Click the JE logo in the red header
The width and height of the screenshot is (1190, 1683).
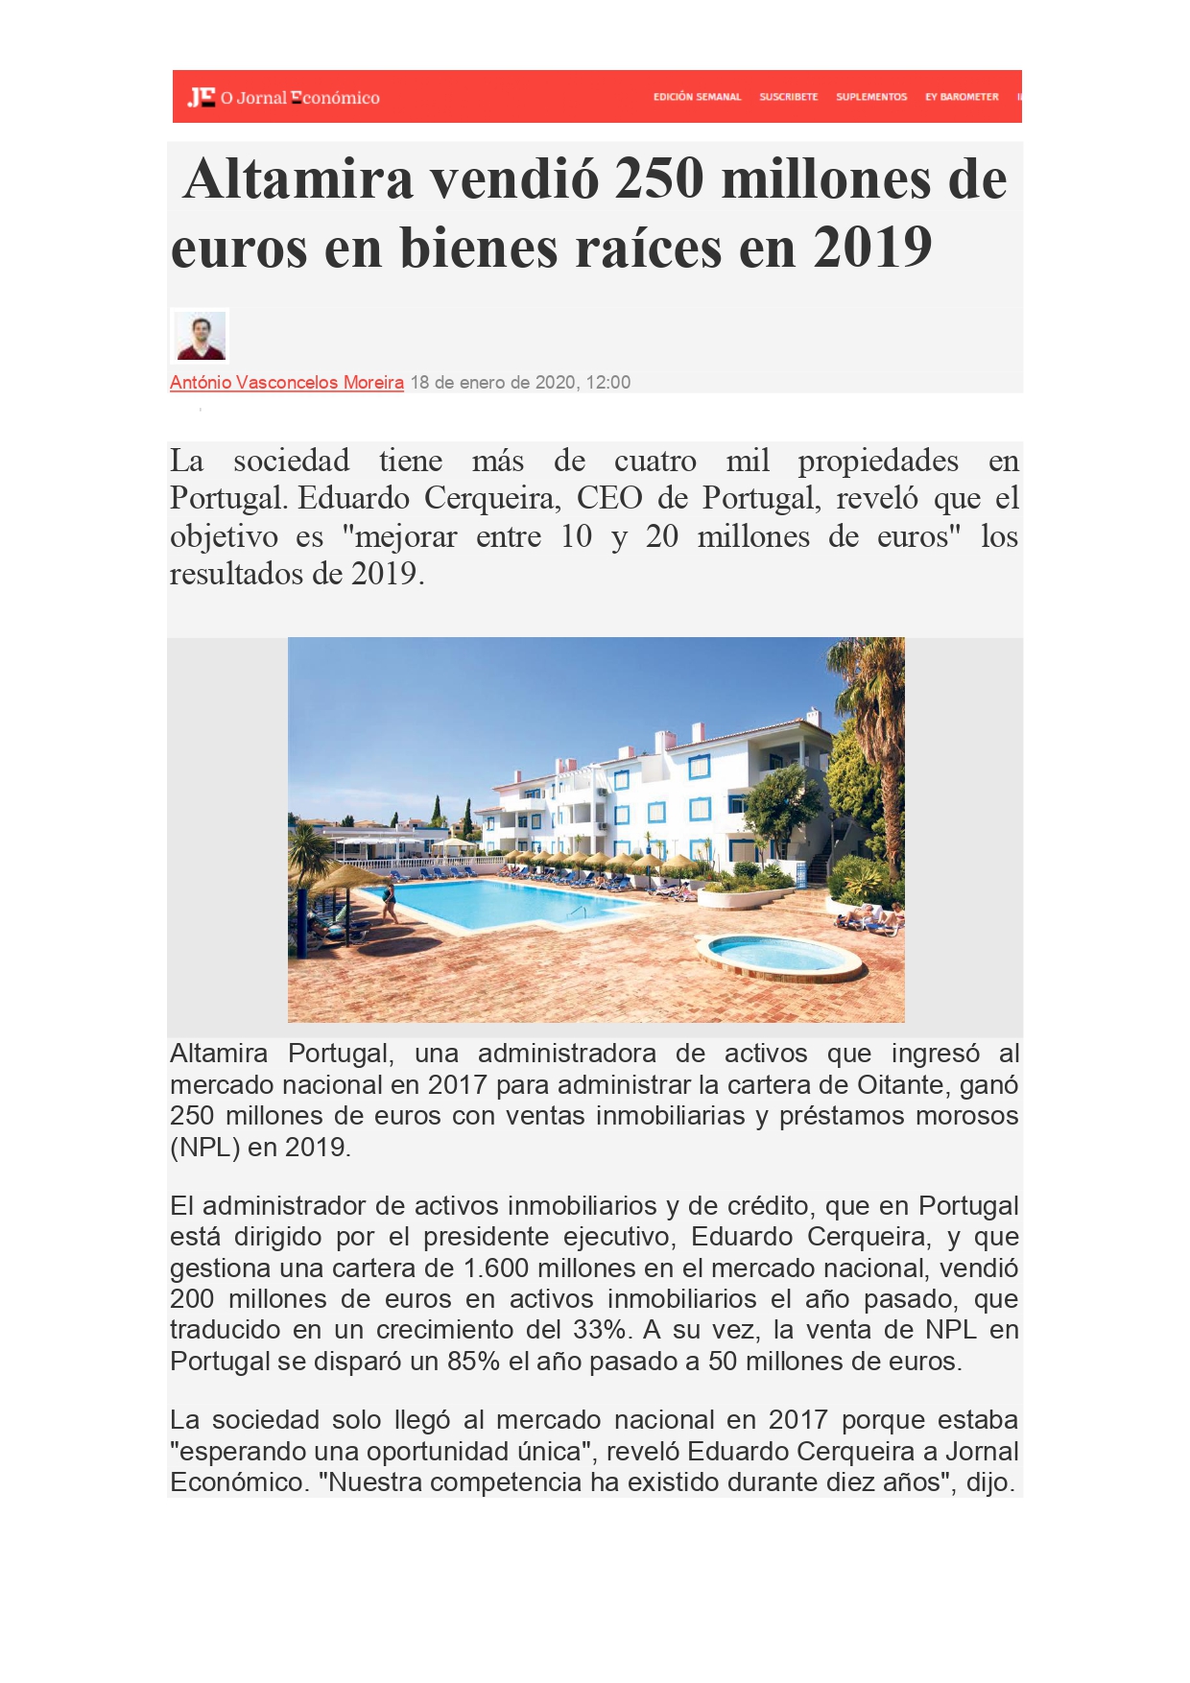click(202, 97)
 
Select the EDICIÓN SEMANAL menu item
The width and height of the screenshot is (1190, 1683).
click(697, 97)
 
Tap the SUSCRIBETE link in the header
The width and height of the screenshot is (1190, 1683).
click(788, 97)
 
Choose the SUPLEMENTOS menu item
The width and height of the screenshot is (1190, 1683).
click(870, 97)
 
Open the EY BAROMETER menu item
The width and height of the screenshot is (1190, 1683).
click(961, 97)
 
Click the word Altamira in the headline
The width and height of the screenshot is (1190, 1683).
click(297, 179)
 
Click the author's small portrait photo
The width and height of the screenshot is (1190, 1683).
click(200, 336)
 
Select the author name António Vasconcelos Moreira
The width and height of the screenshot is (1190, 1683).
click(286, 383)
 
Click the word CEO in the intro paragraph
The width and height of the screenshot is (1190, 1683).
click(608, 499)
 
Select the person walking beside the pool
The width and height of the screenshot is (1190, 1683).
click(389, 903)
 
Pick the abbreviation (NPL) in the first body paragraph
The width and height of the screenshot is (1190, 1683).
click(204, 1148)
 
